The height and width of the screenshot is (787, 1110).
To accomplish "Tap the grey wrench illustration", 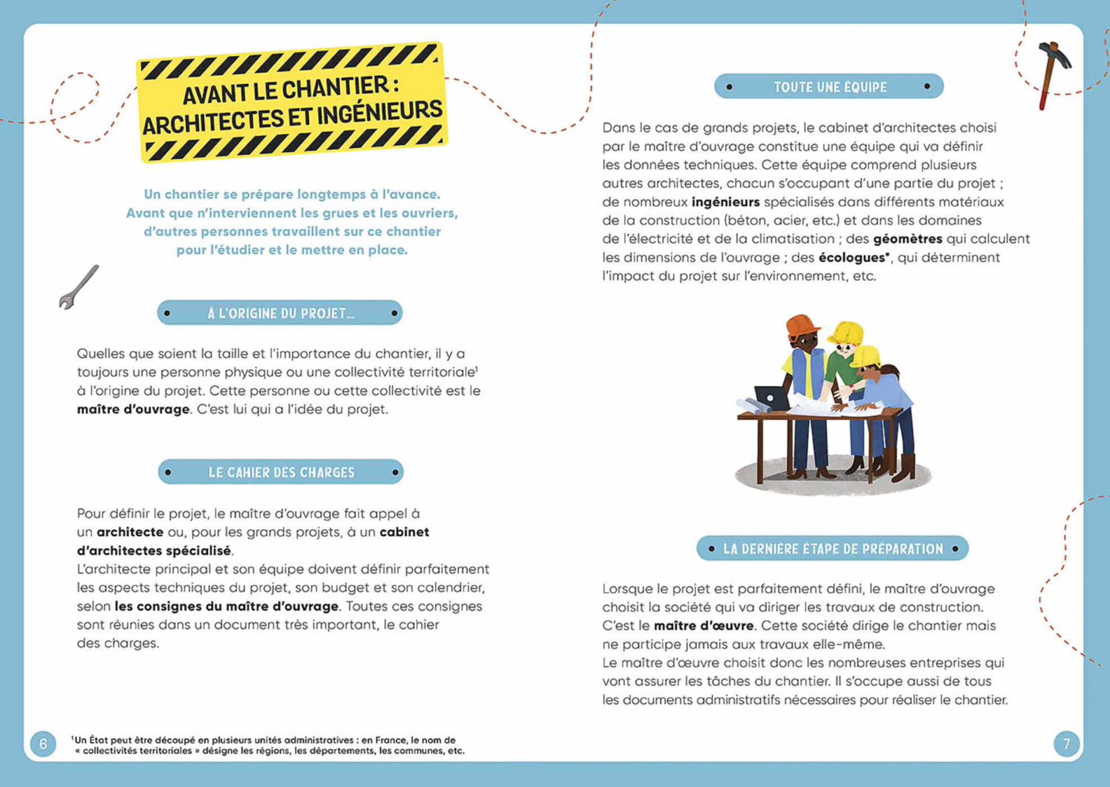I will (x=78, y=287).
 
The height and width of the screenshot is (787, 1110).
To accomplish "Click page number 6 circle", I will (x=43, y=744).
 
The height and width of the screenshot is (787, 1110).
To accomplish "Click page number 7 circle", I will (x=1066, y=744).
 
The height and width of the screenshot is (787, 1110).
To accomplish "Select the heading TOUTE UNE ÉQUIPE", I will (x=829, y=87).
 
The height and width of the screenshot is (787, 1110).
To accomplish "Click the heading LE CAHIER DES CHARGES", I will (x=281, y=472).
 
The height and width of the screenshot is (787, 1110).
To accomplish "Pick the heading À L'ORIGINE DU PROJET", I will (x=281, y=313).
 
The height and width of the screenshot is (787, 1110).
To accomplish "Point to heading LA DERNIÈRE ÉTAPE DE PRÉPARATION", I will (x=833, y=549).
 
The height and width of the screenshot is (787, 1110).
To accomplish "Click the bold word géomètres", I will (x=907, y=239).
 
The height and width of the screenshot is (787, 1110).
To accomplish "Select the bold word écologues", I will (x=853, y=257).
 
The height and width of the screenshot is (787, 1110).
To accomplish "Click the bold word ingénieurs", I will (x=725, y=202).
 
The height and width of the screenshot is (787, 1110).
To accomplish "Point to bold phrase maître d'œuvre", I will (x=703, y=626).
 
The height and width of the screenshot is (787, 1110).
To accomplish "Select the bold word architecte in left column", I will (x=130, y=532).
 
